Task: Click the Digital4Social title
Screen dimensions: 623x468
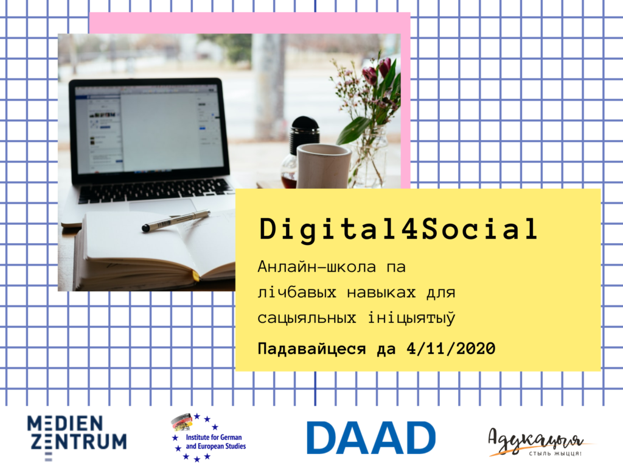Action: [x=399, y=230]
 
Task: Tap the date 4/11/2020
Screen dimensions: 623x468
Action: [x=451, y=349]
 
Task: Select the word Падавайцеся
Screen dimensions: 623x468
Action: [x=311, y=349]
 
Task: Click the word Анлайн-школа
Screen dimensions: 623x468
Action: [x=316, y=266]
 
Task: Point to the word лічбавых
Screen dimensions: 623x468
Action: [x=297, y=292]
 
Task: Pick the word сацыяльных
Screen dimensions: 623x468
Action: [x=307, y=318]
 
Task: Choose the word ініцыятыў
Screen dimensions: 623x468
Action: [x=411, y=318]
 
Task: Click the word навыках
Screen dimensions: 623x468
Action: [x=381, y=292]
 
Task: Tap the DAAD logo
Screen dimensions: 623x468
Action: [x=371, y=438]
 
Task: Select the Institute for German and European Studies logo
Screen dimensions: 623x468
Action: [x=208, y=438]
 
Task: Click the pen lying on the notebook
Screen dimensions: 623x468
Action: [x=176, y=221]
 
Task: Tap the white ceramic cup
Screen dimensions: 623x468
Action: [x=324, y=166]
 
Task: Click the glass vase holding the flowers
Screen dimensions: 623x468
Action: [x=369, y=157]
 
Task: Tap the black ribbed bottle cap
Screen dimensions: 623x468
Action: [x=305, y=130]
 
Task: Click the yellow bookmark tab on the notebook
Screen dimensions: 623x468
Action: [x=195, y=276]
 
